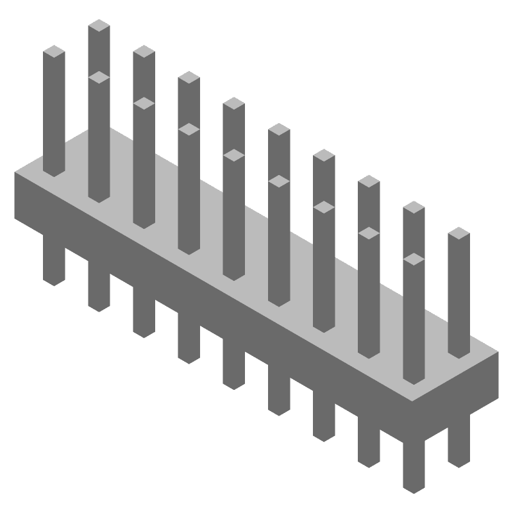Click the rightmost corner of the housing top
click(x=498, y=351)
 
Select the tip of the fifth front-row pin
click(x=278, y=181)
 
